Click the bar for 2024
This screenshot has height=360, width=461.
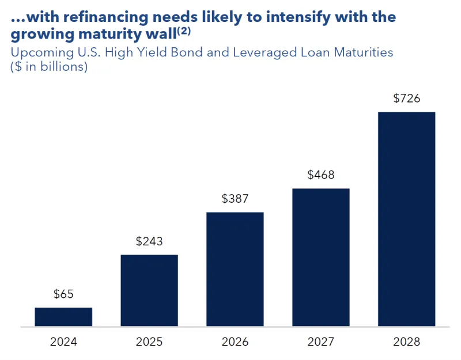pyautogui.click(x=63, y=317)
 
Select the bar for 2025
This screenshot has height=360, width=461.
pyautogui.click(x=149, y=291)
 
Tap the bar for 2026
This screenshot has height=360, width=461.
pyautogui.click(x=235, y=270)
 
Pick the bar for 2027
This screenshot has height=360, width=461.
pyautogui.click(x=321, y=257)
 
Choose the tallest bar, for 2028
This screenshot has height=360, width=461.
pyautogui.click(x=407, y=219)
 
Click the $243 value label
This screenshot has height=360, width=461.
pyautogui.click(x=149, y=241)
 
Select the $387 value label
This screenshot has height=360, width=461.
pyautogui.click(x=235, y=199)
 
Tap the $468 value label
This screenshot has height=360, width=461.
pyautogui.click(x=321, y=175)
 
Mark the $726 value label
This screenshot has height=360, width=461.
pyautogui.click(x=407, y=98)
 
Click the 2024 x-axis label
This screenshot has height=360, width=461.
pyautogui.click(x=63, y=342)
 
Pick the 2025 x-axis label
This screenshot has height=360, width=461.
pyautogui.click(x=149, y=342)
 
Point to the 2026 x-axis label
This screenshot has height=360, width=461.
pyautogui.click(x=235, y=342)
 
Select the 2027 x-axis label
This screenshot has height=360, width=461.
pyautogui.click(x=321, y=342)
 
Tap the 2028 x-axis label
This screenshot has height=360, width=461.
pyautogui.click(x=407, y=342)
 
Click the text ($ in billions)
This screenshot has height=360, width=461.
pyautogui.click(x=49, y=66)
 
